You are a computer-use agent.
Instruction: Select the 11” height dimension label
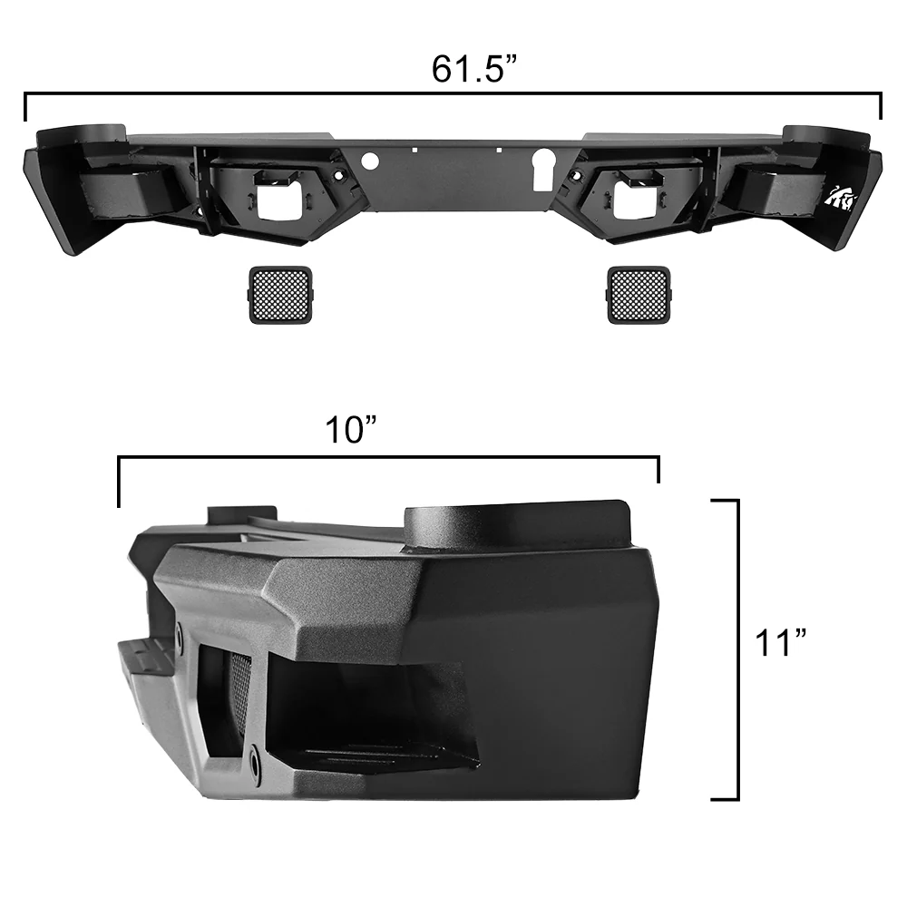tap(780, 645)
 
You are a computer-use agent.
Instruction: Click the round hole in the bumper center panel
tap(369, 161)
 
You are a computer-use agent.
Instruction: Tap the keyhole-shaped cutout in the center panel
tap(541, 169)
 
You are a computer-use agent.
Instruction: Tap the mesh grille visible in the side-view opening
tap(239, 698)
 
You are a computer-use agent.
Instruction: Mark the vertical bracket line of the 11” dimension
tap(736, 649)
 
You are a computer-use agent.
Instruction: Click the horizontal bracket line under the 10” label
tap(388, 458)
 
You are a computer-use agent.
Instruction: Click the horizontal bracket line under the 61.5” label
tap(453, 93)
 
